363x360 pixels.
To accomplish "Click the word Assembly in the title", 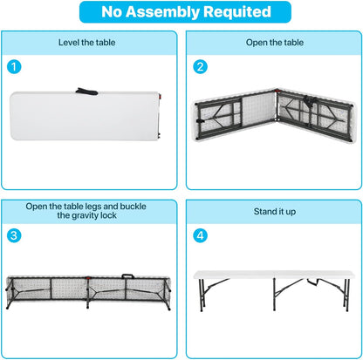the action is pyautogui.click(x=163, y=12).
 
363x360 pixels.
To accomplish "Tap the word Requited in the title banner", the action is pyautogui.click(x=237, y=12).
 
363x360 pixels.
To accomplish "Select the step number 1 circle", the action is pyautogui.click(x=14, y=67).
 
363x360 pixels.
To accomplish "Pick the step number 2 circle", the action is pyautogui.click(x=201, y=67).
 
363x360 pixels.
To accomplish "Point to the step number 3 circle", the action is pyautogui.click(x=14, y=235).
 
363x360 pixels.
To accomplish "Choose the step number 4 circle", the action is pyautogui.click(x=201, y=235).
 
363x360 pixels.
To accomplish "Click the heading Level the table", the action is pyautogui.click(x=86, y=43).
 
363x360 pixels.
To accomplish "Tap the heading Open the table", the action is pyautogui.click(x=275, y=43).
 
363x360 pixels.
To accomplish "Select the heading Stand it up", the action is pyautogui.click(x=275, y=212).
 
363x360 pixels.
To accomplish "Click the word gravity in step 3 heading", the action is pyautogui.click(x=85, y=215).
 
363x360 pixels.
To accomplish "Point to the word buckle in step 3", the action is pyautogui.click(x=133, y=207).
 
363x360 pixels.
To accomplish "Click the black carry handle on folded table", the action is pyautogui.click(x=86, y=92).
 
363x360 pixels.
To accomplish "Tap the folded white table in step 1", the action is pyautogui.click(x=85, y=116).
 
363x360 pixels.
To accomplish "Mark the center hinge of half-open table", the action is pyautogui.click(x=277, y=106).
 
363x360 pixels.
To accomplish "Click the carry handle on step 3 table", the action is pyautogui.click(x=127, y=275).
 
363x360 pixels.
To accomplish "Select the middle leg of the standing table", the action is pyautogui.click(x=274, y=294).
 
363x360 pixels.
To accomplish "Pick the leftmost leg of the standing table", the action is pyautogui.click(x=202, y=295).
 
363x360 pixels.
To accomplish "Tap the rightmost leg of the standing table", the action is pyautogui.click(x=346, y=295).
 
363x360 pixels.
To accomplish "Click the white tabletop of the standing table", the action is pyautogui.click(x=274, y=275).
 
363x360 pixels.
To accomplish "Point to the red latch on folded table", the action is pyautogui.click(x=160, y=97).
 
